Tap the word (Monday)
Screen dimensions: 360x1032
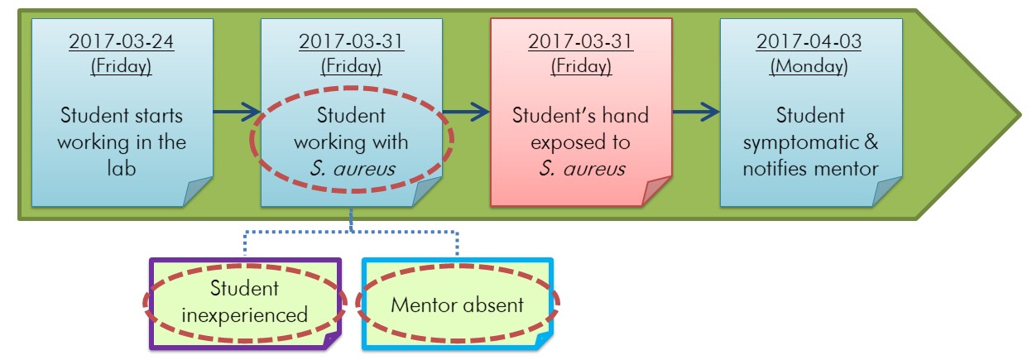click(x=809, y=65)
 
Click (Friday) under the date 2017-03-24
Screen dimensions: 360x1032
click(x=121, y=65)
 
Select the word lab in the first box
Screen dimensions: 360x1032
click(x=121, y=170)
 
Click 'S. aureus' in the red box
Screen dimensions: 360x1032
click(x=580, y=170)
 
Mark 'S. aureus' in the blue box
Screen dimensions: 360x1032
click(x=352, y=170)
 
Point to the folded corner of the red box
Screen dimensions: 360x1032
click(x=656, y=191)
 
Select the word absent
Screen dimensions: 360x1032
click(x=497, y=305)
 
